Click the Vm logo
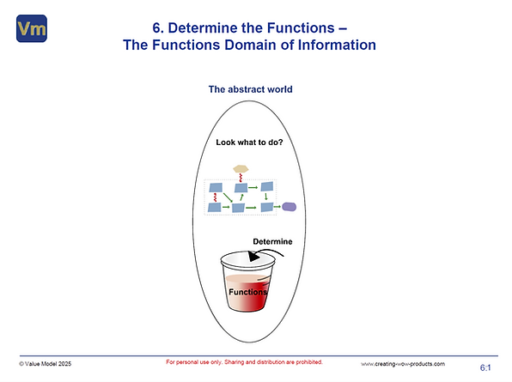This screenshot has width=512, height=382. click(x=31, y=28)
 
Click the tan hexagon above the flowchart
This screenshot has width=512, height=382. click(x=242, y=168)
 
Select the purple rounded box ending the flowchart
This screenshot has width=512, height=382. click(x=290, y=206)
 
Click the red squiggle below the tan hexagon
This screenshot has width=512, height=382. click(x=242, y=178)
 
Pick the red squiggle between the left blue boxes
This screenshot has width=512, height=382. click(x=214, y=197)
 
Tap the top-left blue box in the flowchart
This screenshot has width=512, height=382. click(x=215, y=186)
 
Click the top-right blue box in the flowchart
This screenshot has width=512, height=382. click(x=267, y=186)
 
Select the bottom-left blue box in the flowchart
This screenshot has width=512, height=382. click(x=214, y=207)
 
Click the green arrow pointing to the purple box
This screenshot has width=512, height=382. click(x=278, y=206)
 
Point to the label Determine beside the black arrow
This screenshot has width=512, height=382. click(x=272, y=242)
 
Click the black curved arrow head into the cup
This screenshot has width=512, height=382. click(x=251, y=256)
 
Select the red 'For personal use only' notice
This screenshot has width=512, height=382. click(x=244, y=362)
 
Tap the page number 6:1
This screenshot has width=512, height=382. click(x=485, y=367)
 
